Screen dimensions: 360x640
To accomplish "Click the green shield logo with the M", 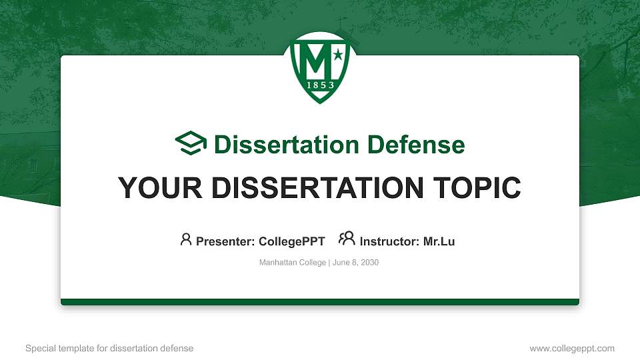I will click(320, 67).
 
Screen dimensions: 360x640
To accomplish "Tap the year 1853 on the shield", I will click(320, 85).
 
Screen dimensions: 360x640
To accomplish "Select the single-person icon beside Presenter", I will click(186, 239).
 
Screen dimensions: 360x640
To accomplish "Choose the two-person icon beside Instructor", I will click(347, 239).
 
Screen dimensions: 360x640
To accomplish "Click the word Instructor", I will click(389, 241).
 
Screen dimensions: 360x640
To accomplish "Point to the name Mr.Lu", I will click(439, 241).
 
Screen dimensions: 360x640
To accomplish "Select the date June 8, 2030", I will click(355, 263).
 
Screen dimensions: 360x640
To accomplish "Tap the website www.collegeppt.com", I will click(572, 348).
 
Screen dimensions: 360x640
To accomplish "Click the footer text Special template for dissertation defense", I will click(109, 348).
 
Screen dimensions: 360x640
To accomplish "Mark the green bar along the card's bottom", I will click(320, 302).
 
